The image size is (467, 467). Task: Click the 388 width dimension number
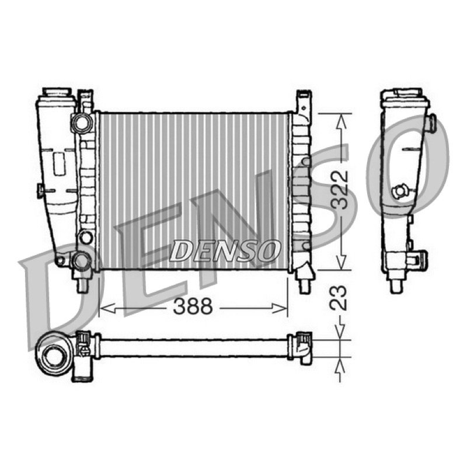[x=193, y=306]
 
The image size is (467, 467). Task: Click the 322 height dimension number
[x=340, y=190]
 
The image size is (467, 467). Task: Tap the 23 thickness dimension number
[x=340, y=298]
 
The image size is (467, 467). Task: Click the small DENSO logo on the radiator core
[x=225, y=251]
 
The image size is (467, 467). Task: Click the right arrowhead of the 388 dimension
[x=280, y=308]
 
